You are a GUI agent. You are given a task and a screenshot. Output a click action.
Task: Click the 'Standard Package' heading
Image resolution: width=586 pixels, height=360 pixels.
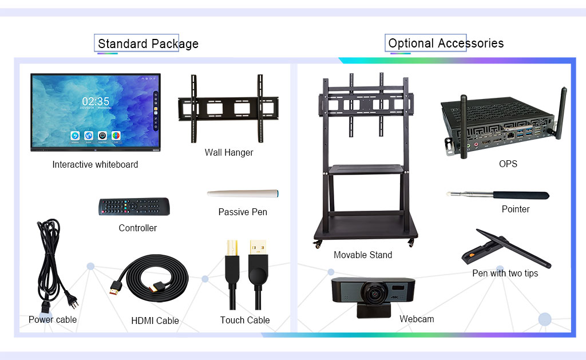148,44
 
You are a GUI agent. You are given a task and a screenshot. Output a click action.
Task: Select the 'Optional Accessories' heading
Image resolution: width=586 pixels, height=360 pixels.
446,43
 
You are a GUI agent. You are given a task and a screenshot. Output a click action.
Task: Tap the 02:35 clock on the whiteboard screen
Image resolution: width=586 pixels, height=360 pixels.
96,102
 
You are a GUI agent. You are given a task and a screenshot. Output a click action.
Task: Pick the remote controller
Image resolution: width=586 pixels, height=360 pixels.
134,207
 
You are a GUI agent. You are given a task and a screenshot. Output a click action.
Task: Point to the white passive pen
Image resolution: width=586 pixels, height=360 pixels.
243,193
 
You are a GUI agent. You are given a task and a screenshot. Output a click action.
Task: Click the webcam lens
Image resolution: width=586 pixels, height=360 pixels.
375,292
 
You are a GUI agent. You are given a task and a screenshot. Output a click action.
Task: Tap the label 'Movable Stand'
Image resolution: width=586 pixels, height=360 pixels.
363,255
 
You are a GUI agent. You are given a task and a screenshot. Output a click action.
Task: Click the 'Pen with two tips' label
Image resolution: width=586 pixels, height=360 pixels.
505,274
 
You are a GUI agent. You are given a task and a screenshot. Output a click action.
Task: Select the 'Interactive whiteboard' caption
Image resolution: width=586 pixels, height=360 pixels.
95,165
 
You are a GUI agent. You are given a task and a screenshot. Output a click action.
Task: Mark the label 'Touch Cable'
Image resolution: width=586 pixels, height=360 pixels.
245,321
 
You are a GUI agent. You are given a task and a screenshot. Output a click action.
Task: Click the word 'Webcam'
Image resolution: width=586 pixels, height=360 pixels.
417,319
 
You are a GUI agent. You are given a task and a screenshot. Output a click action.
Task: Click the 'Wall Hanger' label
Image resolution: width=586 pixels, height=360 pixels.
229,153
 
